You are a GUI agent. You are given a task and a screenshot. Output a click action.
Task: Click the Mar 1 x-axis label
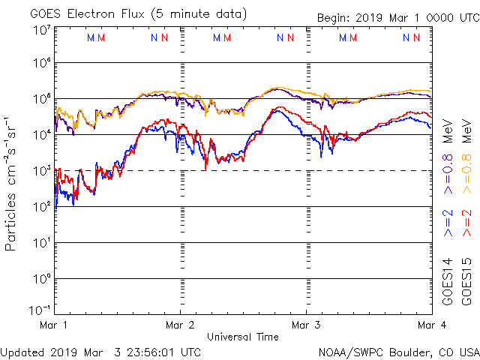(54, 325)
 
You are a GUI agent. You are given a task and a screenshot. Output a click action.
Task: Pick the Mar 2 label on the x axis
(180, 325)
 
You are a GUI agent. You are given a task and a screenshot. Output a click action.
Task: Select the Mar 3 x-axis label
(306, 325)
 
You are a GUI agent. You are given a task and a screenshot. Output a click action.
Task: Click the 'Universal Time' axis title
(242, 337)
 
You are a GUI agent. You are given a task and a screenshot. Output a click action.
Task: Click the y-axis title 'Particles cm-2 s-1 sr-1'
(12, 183)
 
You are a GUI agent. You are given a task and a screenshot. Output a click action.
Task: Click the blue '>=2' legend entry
(447, 223)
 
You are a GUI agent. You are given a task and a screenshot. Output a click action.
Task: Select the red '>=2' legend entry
(466, 223)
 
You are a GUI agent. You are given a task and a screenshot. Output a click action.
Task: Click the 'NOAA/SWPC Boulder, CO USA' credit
(398, 351)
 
